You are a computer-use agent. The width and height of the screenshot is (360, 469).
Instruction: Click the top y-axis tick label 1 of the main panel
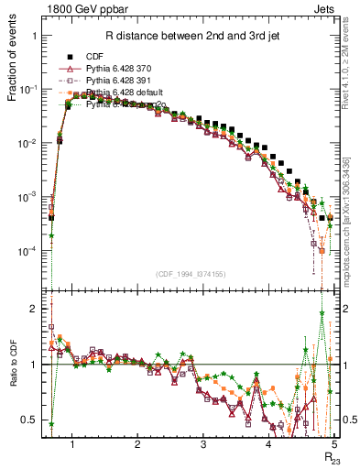(x=35, y=36)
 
